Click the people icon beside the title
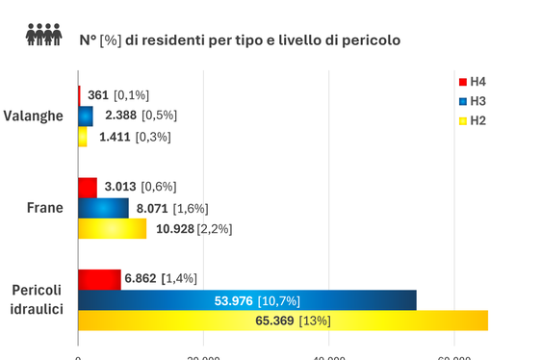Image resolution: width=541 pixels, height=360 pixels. pos(43,36)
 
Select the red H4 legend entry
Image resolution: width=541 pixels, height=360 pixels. pos(472,82)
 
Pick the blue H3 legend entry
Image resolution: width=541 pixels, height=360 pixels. pos(472,101)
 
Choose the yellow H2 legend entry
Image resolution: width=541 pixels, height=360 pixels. pos(472,120)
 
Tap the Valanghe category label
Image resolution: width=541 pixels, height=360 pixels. pos(34,116)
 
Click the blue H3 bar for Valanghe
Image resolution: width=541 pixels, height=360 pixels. pos(86,116)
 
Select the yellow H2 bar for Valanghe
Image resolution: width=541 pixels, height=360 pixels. pos(83,137)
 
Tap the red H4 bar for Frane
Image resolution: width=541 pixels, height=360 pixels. pos(88,187)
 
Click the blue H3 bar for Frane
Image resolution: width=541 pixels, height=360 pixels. pos(103,208)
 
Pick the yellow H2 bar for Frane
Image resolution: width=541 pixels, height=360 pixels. pos(113,228)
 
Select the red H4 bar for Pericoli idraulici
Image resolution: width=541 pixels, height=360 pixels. pos(99,278)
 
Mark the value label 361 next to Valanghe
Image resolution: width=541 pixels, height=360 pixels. pos(98,95)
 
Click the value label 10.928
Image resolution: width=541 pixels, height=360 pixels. pos(175,228)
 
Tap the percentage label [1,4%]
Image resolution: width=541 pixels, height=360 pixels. pos(179,278)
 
